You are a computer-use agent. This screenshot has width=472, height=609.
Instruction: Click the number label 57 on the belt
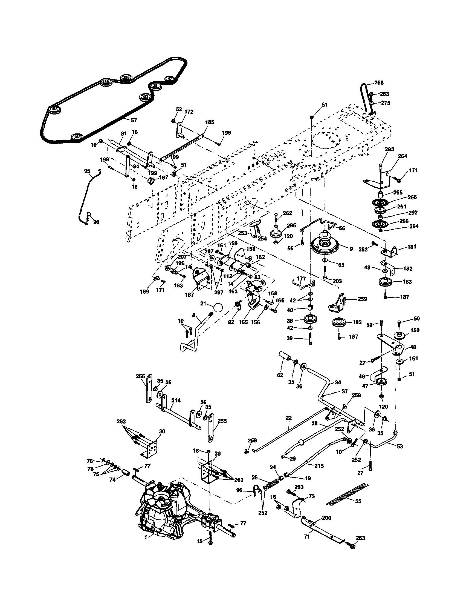pyautogui.click(x=134, y=120)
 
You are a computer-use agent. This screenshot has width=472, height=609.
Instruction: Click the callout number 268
pyautogui.click(x=379, y=82)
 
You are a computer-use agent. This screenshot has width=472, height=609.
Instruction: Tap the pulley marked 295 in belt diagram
pyautogui.click(x=126, y=78)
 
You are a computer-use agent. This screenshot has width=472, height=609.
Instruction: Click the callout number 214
pyautogui.click(x=176, y=401)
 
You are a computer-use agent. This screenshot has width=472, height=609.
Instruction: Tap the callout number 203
pyautogui.click(x=337, y=281)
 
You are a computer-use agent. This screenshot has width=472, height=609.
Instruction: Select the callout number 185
pyautogui.click(x=209, y=122)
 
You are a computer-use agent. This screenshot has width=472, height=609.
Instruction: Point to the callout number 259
pyautogui.click(x=362, y=299)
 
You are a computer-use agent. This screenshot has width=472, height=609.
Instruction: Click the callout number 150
pyautogui.click(x=415, y=330)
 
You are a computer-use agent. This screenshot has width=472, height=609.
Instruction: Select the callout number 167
pyautogui.click(x=189, y=295)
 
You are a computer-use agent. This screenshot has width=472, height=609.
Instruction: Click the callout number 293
pyautogui.click(x=389, y=149)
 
